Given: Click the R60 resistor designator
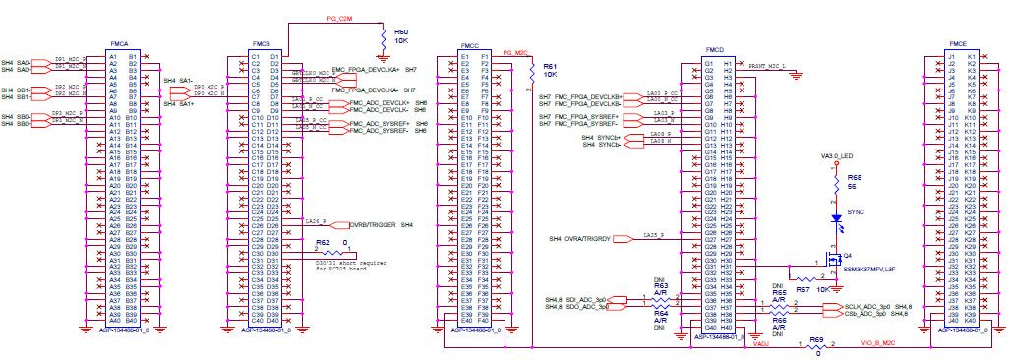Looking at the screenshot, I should click(x=401, y=32).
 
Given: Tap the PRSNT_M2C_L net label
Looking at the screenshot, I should click(x=773, y=65).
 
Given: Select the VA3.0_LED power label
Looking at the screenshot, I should click(x=836, y=156).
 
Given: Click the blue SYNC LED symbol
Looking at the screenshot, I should click(x=836, y=217).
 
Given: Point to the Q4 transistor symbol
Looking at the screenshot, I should click(x=833, y=262).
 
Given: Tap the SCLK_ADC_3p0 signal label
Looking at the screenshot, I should click(x=865, y=307).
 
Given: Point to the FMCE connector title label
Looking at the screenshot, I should click(x=957, y=44).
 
